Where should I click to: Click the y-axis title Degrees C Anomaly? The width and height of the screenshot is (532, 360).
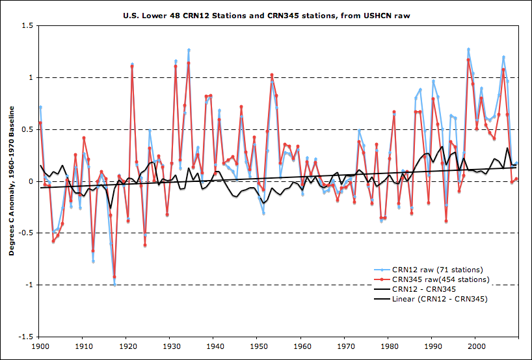click(12, 181)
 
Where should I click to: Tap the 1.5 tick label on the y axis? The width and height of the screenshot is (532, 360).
click(28, 25)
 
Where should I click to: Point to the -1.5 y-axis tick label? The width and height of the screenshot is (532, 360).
click(27, 337)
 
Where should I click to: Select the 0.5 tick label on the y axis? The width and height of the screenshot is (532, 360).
click(28, 129)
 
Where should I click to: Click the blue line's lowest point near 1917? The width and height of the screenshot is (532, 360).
click(114, 285)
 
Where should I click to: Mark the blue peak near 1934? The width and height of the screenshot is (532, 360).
click(189, 49)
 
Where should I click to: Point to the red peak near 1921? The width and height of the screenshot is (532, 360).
click(132, 66)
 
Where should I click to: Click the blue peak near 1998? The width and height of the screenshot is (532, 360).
click(468, 49)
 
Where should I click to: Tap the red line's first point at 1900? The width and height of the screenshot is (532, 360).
click(40, 122)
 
